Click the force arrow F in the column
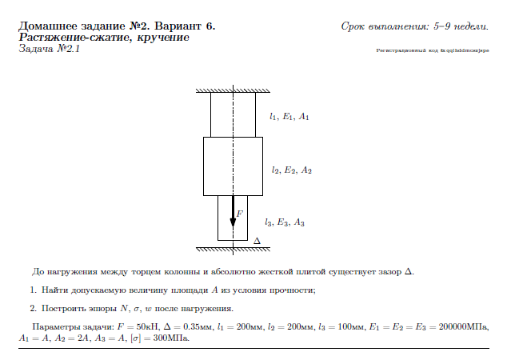click(x=234, y=211)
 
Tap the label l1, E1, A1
click(x=289, y=117)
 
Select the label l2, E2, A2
click(x=291, y=170)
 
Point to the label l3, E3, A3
click(x=285, y=222)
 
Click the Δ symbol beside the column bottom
click(x=257, y=242)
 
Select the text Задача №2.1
click(x=49, y=49)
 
